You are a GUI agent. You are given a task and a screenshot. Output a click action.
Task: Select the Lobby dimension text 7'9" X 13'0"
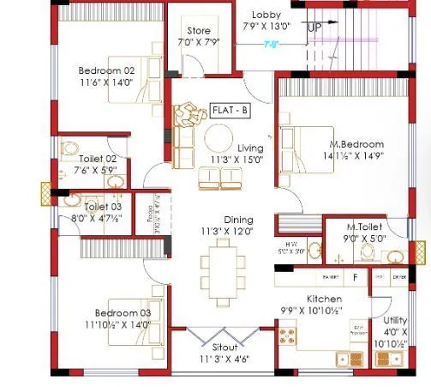click(x=266, y=26)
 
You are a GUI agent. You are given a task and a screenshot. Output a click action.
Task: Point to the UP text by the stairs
click(x=314, y=28)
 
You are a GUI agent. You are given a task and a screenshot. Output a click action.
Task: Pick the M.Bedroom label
click(x=357, y=144)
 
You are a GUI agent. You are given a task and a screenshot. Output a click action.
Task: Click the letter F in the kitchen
click(x=355, y=277)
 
